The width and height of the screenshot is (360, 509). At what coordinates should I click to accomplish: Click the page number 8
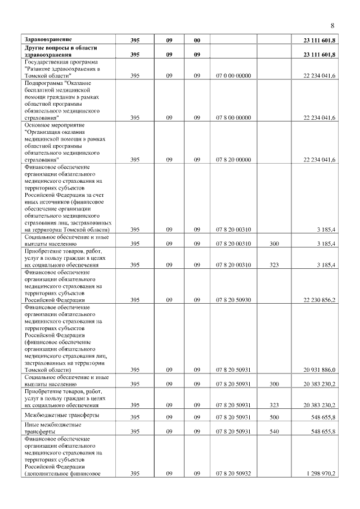(332, 26)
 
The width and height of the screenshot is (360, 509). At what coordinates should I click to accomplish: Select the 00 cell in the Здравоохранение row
(197, 40)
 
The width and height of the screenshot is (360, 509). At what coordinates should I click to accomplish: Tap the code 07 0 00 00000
(233, 75)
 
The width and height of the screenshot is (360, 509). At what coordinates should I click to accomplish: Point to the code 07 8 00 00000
(233, 118)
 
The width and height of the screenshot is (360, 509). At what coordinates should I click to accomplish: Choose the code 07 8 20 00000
(233, 160)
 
